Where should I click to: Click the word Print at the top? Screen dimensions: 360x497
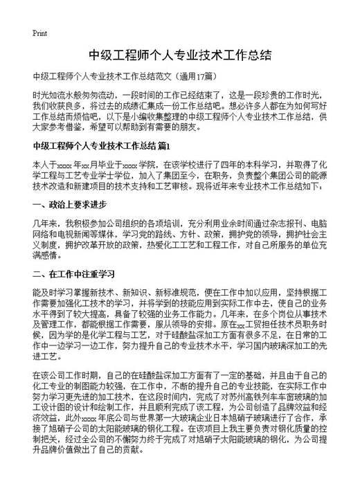coord(40,33)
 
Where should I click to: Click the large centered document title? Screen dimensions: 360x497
coord(179,55)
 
